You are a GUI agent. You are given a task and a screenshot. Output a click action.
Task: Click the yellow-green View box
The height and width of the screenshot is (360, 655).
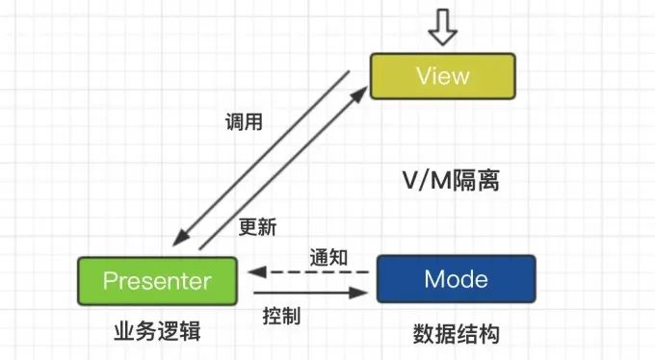click(442, 75)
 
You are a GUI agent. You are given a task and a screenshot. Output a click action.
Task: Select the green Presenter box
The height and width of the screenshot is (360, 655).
click(156, 281)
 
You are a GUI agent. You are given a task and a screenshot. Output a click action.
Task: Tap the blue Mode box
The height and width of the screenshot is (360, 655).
click(456, 280)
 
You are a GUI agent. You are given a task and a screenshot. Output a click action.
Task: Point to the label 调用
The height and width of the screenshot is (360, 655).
click(243, 122)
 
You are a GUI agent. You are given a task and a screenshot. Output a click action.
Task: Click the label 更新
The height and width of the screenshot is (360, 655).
click(257, 227)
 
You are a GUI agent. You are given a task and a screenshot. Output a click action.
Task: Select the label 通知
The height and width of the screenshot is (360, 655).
click(328, 257)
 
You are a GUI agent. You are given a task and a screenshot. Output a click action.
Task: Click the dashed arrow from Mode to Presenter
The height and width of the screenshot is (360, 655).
click(308, 272)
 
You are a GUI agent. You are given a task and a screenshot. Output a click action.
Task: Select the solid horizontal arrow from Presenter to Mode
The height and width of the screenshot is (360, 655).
click(308, 292)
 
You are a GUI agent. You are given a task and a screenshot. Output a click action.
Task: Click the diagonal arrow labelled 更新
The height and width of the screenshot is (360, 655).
click(284, 168)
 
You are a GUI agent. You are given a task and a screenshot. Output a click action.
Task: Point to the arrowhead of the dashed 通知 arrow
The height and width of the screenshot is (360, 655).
click(253, 272)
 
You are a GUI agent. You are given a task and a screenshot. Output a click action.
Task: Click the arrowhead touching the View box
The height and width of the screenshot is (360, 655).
click(361, 93)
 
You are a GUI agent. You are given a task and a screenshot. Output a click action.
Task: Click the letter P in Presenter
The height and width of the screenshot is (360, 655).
click(110, 281)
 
